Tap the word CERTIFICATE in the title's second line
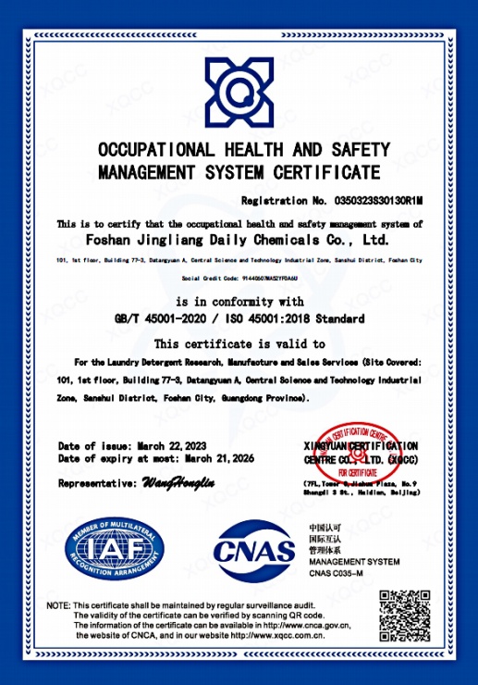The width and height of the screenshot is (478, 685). [x=325, y=171]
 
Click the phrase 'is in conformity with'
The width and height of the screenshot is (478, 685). [x=239, y=302]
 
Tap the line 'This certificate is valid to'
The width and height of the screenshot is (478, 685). [x=239, y=343]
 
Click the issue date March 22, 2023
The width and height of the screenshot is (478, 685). [x=170, y=446]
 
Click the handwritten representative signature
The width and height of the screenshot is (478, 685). [x=178, y=483]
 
